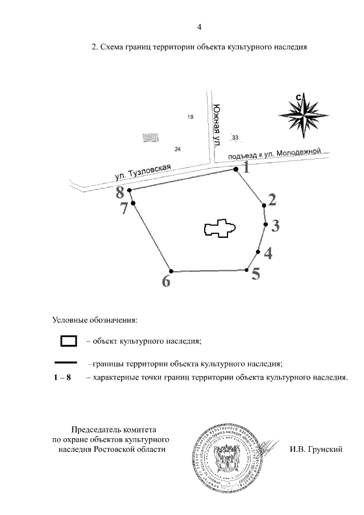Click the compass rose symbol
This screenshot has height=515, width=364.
pyautogui.click(x=304, y=114)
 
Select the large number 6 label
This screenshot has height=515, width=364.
pyautogui.click(x=166, y=281)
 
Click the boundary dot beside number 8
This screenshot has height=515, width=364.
pyautogui.click(x=130, y=191)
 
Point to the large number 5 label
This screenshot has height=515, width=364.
pyautogui.click(x=256, y=274)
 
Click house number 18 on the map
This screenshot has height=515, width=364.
pyautogui.click(x=191, y=117)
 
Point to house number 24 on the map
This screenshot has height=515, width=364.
pyautogui.click(x=177, y=149)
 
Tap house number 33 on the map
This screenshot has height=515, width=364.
pyautogui.click(x=235, y=137)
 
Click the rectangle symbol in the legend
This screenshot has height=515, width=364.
pyautogui.click(x=68, y=341)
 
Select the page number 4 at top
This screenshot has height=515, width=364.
pyautogui.click(x=198, y=27)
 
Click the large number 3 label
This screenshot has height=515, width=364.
pyautogui.click(x=275, y=226)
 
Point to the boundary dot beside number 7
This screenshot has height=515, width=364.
pyautogui.click(x=133, y=203)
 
